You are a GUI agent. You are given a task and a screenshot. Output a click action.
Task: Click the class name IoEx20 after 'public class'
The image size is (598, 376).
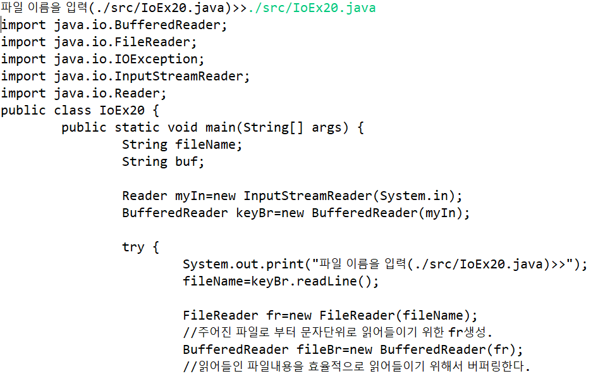click(123, 111)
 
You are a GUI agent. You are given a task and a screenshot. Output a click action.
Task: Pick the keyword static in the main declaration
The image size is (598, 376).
click(137, 127)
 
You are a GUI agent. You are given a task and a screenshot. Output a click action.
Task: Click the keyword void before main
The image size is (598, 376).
click(182, 127)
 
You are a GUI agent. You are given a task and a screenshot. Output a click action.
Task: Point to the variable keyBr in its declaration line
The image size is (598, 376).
click(255, 213)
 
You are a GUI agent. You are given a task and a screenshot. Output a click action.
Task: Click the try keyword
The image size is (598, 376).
click(133, 247)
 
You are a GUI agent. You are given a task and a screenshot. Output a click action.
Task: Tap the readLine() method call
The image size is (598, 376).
click(345, 281)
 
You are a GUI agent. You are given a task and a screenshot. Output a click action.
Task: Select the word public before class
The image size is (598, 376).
click(23, 111)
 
